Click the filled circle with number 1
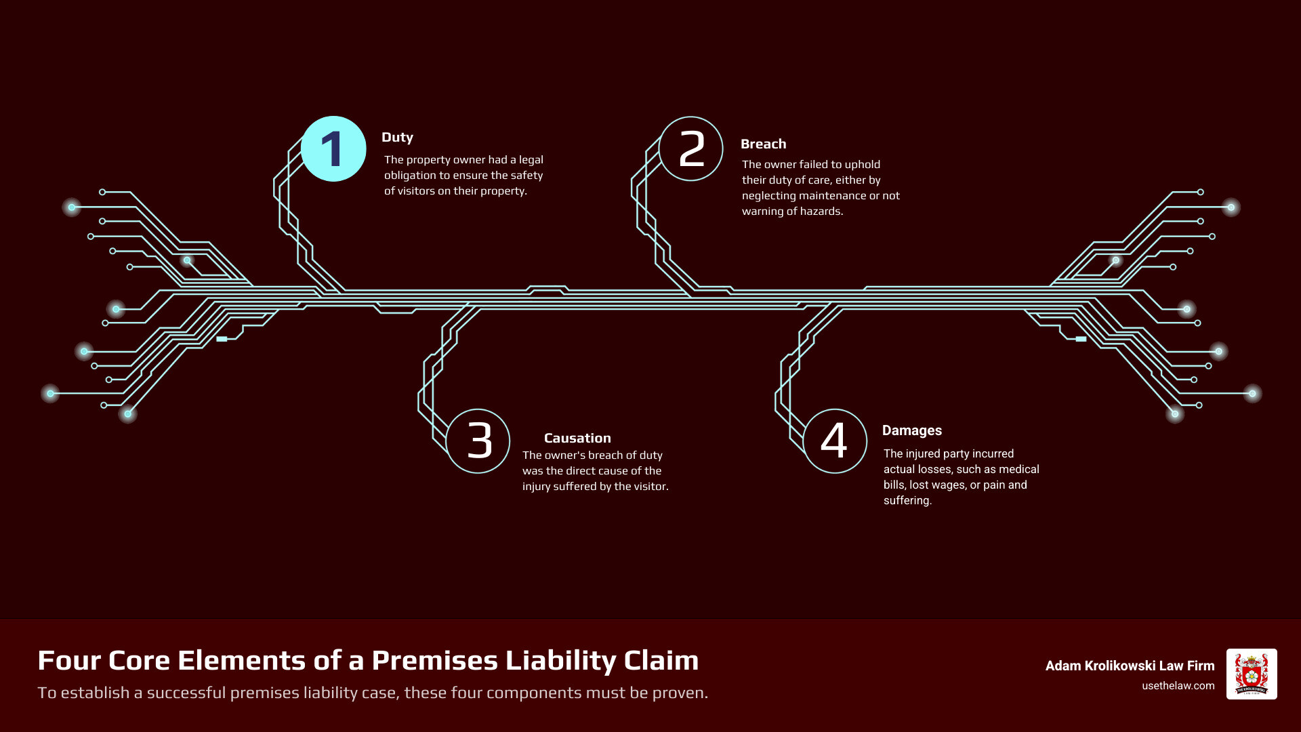coord(333,149)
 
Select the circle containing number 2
coord(690,149)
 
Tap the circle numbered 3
coord(478,441)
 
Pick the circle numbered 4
coord(834,441)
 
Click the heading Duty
coord(397,137)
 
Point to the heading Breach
coord(763,144)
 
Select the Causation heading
coord(577,438)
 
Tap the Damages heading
coord(911,430)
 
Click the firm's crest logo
coord(1251,674)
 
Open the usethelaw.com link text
coord(1178,685)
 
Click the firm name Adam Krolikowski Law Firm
coord(1130,666)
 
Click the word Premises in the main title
coord(434,660)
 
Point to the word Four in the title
coord(67,660)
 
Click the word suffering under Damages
coord(907,501)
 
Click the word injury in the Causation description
coord(537,487)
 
